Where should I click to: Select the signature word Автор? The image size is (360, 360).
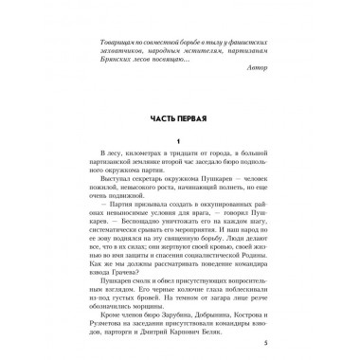(x=248, y=69)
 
